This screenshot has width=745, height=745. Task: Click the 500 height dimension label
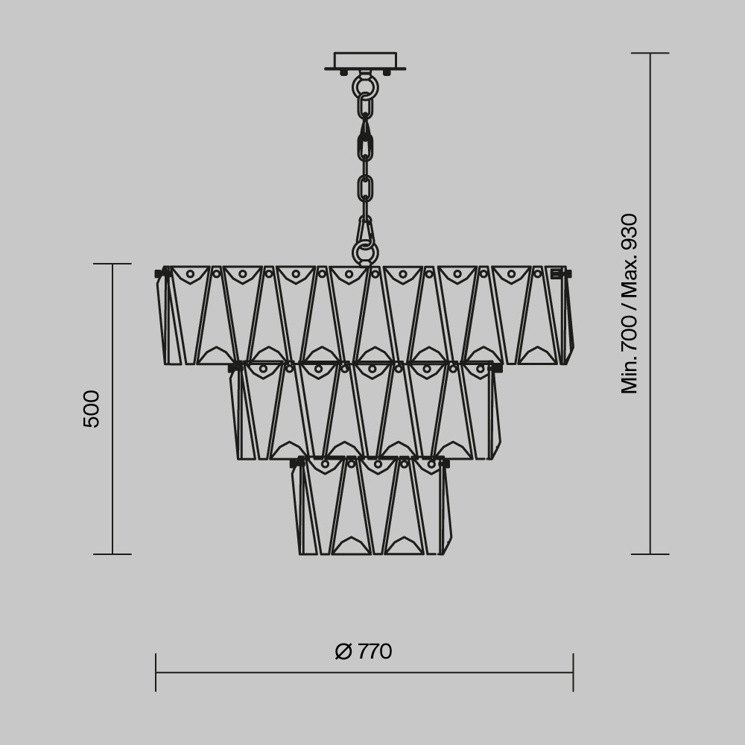92,408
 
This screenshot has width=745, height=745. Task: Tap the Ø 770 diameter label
364,652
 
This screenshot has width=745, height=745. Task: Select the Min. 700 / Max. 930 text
630,303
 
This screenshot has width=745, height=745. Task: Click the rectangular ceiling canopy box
365,60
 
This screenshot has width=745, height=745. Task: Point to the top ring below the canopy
365,87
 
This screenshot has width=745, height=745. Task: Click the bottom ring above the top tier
365,253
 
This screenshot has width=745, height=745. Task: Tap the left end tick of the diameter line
156,672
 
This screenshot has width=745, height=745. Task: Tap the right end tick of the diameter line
573,672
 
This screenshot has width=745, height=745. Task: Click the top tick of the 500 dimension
112,264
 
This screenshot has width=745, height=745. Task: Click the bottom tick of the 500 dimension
112,554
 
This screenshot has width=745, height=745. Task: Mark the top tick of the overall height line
650,53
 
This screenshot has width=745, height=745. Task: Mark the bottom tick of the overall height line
650,554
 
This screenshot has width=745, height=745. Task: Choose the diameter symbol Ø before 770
343,652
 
